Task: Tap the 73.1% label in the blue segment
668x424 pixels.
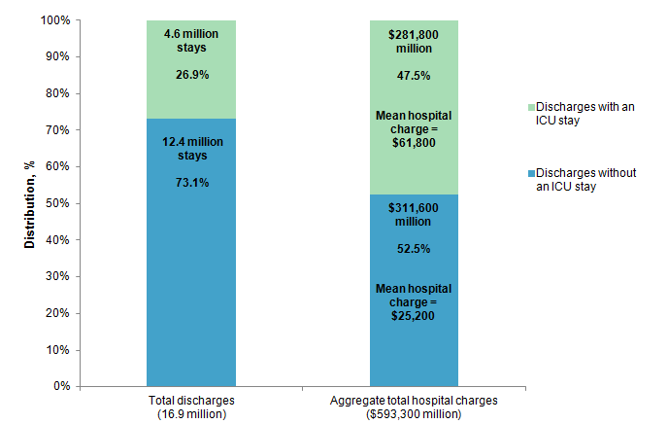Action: [x=191, y=182]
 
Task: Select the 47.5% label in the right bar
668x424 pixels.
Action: [x=414, y=75]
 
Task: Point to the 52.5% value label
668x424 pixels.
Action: [x=414, y=249]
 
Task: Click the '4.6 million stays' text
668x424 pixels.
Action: [x=191, y=40]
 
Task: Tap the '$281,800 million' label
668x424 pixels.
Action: [x=414, y=41]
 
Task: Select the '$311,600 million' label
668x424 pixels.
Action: [x=414, y=216]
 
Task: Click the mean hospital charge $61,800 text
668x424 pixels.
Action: [x=414, y=128]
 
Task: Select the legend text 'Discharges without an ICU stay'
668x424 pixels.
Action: [x=587, y=180]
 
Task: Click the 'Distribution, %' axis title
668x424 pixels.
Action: [x=31, y=203]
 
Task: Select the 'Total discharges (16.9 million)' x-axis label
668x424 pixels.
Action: [x=191, y=407]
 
